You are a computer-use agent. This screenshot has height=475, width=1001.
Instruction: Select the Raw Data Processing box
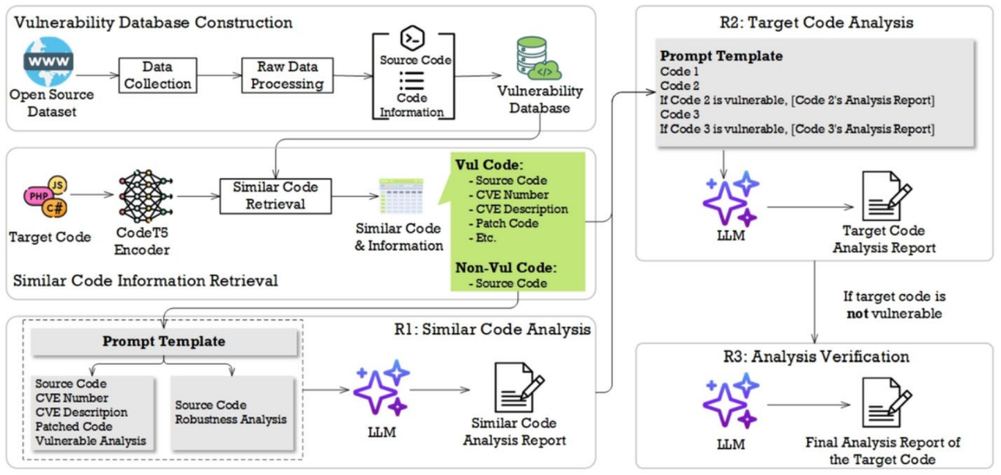coord(287,75)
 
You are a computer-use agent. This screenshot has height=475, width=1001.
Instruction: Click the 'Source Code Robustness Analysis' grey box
coord(231,412)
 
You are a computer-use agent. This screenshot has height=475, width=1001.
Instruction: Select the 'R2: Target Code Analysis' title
coord(817,20)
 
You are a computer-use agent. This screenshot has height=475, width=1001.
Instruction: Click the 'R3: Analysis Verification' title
coord(816,357)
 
